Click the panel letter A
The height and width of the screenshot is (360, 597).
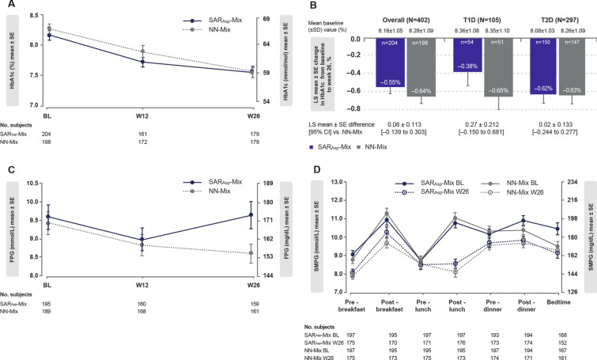6,7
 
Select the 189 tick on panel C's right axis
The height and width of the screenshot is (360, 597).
268,203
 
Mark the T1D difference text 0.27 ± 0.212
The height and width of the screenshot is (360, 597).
466,123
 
